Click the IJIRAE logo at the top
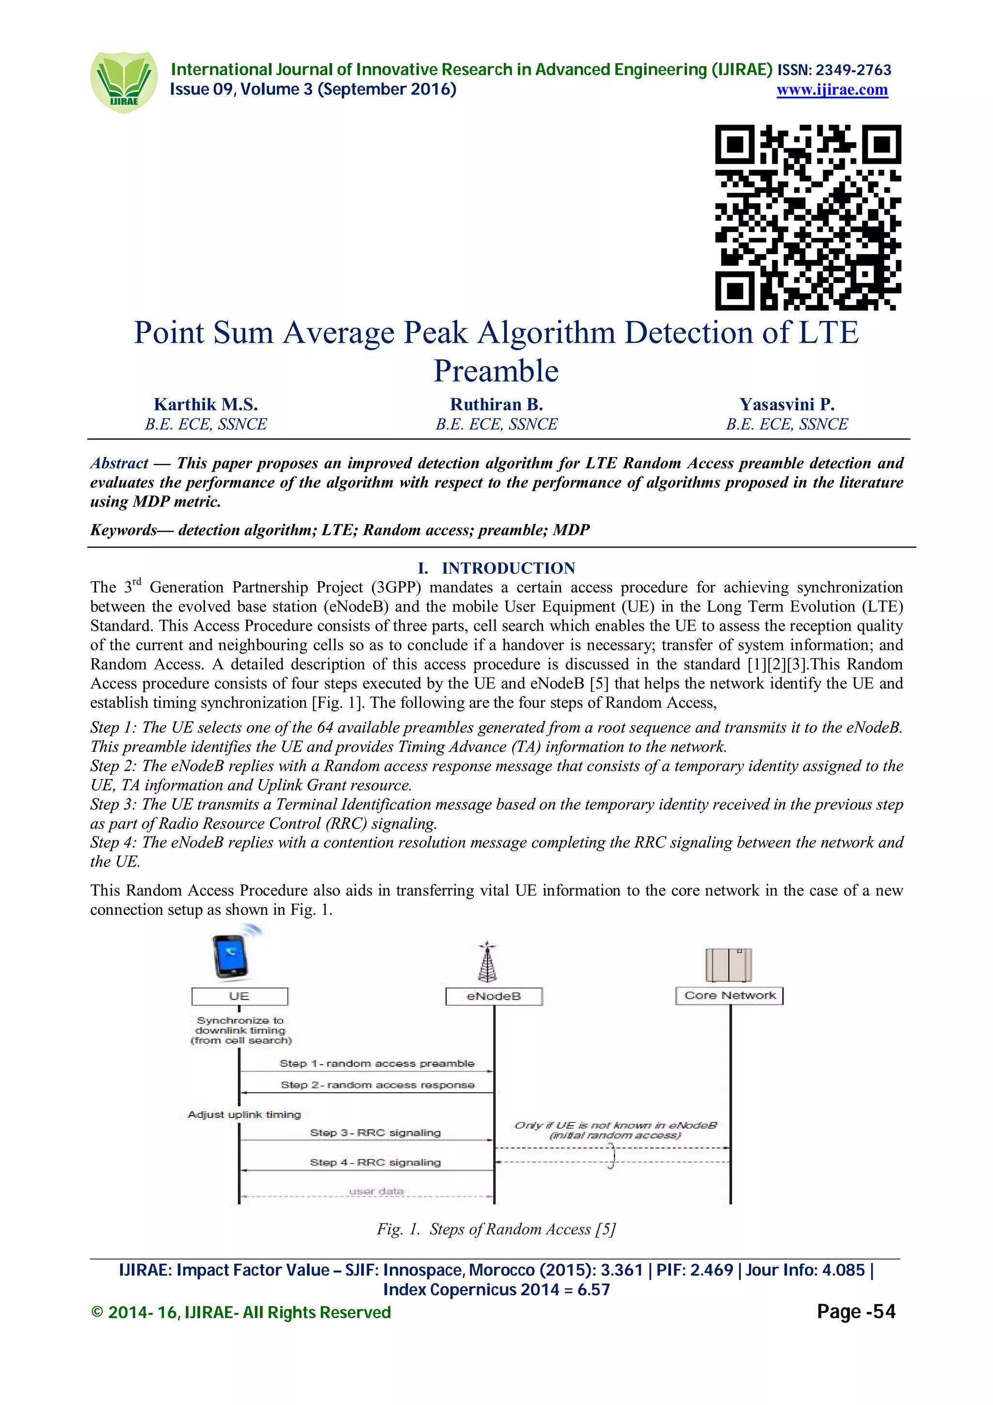pos(123,82)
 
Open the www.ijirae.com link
pos(832,90)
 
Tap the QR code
pos(808,217)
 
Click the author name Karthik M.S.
pos(206,404)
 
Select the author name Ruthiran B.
pos(496,404)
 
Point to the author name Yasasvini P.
pos(787,404)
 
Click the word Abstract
pos(119,463)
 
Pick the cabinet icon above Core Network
pos(728,965)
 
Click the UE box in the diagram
pos(239,996)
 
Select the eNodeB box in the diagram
pos(494,996)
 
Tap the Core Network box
pos(729,996)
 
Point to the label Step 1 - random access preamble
pos(377,1064)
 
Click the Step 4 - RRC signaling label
pos(375,1162)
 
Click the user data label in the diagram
pos(376,1191)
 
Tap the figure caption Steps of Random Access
pos(496,1229)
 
